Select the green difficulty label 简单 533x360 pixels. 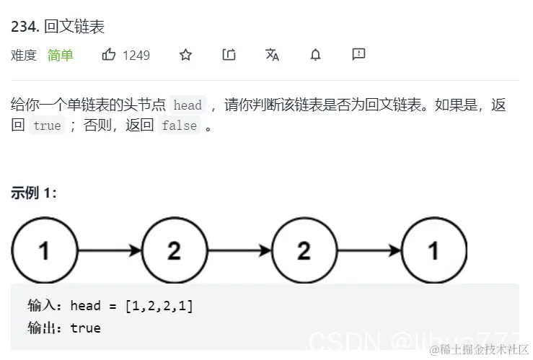61,55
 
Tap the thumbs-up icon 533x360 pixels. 109,54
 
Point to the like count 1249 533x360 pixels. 136,55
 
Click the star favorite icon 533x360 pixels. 185,55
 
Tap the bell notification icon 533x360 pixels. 315,55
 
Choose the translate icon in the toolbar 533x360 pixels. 272,55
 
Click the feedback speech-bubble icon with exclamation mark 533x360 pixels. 358,55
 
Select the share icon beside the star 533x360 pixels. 229,55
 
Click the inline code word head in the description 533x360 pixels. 188,105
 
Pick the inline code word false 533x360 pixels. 179,126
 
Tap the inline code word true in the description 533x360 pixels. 48,126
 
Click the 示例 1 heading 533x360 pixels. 34,193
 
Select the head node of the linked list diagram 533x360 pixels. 44,250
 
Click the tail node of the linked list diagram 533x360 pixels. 433,250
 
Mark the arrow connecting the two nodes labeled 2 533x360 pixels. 238,250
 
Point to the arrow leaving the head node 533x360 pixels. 109,250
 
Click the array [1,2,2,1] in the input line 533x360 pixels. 159,306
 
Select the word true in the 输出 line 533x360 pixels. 85,328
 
